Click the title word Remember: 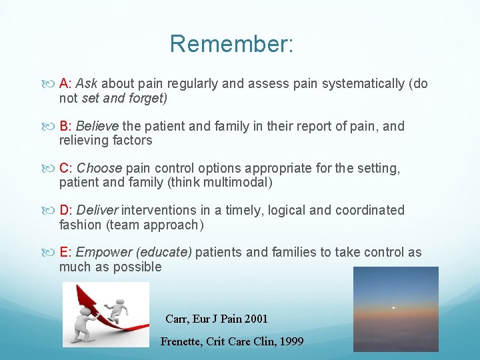(x=231, y=44)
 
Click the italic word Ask (x=87, y=84)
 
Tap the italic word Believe (x=97, y=127)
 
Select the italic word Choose (x=99, y=169)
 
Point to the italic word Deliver (x=99, y=211)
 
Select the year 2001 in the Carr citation (x=255, y=319)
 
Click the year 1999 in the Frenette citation (x=291, y=341)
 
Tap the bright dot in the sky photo (x=393, y=307)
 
